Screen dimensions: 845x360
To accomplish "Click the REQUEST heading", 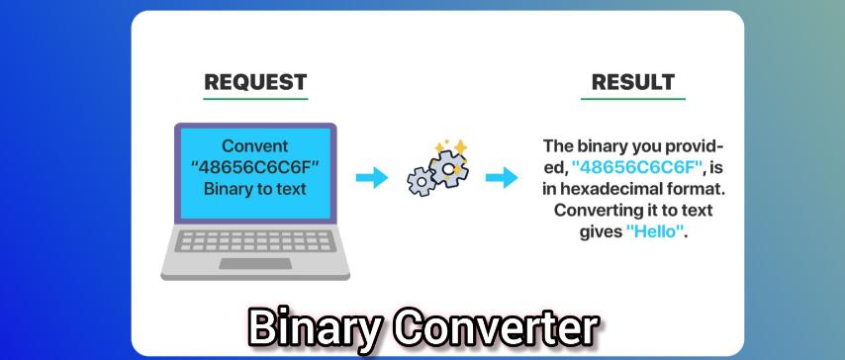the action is (255, 82).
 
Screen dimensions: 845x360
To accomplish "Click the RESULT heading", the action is (633, 82).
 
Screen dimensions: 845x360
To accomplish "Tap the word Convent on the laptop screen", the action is (255, 146).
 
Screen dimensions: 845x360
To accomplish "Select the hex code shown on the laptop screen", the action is (255, 167).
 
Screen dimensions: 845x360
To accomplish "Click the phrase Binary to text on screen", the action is (255, 189).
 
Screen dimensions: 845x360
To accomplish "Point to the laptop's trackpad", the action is (255, 263).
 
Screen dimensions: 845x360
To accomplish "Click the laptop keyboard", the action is (255, 241).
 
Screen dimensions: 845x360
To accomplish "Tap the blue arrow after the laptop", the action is (372, 177).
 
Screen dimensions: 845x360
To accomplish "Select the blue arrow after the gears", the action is (502, 177).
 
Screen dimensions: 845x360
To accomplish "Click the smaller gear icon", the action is (421, 182).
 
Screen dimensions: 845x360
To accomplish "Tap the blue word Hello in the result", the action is (655, 232).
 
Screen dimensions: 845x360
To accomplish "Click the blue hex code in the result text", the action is (638, 167).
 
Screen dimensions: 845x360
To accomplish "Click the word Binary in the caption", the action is (315, 328).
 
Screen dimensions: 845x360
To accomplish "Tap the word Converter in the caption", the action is (496, 326).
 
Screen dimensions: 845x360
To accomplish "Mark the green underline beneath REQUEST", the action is (255, 99).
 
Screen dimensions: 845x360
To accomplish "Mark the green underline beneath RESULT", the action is (633, 99).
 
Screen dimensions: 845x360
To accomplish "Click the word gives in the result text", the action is (601, 232).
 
